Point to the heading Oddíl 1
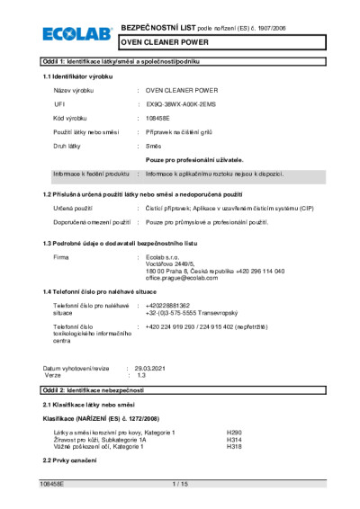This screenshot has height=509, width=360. click(121, 60)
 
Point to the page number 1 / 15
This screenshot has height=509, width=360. click(179, 485)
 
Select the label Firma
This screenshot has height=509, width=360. click(61, 257)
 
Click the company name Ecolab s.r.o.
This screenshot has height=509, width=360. click(164, 257)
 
